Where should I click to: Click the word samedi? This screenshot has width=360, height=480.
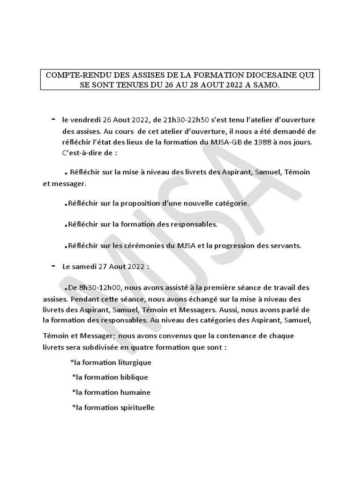(x=84, y=266)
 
